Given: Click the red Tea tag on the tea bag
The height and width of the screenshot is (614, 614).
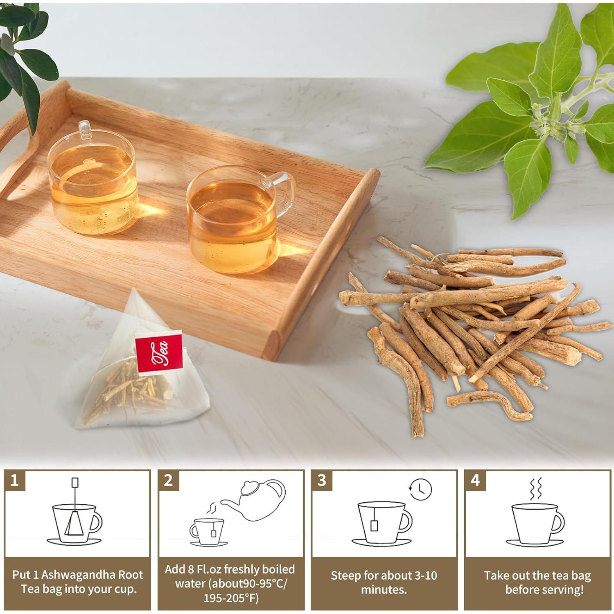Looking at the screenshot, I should [158, 353].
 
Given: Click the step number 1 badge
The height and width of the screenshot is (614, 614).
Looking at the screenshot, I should [15, 480].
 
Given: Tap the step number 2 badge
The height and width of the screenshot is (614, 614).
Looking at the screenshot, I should [168, 480].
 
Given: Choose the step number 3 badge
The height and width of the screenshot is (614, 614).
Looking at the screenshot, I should [322, 480].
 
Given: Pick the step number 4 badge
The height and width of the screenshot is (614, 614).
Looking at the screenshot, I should [475, 480].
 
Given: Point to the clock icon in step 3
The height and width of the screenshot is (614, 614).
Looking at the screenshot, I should [420, 489].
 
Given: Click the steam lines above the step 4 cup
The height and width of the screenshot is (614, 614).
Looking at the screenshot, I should [536, 488].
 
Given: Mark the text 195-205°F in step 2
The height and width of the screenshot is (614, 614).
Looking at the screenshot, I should [231, 598].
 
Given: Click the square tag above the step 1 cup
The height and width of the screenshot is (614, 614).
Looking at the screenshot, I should [75, 482].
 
